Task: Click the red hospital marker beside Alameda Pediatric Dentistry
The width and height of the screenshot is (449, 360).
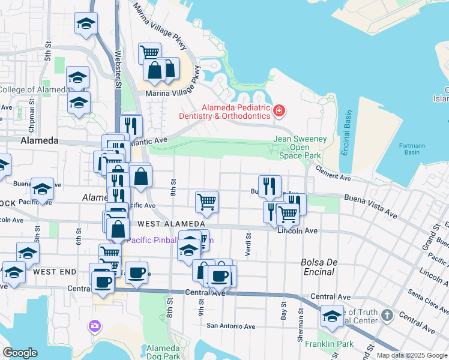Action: click(279, 111)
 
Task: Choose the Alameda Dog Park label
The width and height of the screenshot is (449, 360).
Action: click(163, 352)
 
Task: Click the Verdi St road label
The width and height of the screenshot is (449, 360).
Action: click(247, 244)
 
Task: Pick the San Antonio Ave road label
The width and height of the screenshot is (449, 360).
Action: click(231, 326)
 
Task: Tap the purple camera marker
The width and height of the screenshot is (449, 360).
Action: click(94, 326)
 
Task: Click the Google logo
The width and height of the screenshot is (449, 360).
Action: click(20, 353)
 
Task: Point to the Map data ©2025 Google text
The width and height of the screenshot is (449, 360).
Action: click(412, 355)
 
